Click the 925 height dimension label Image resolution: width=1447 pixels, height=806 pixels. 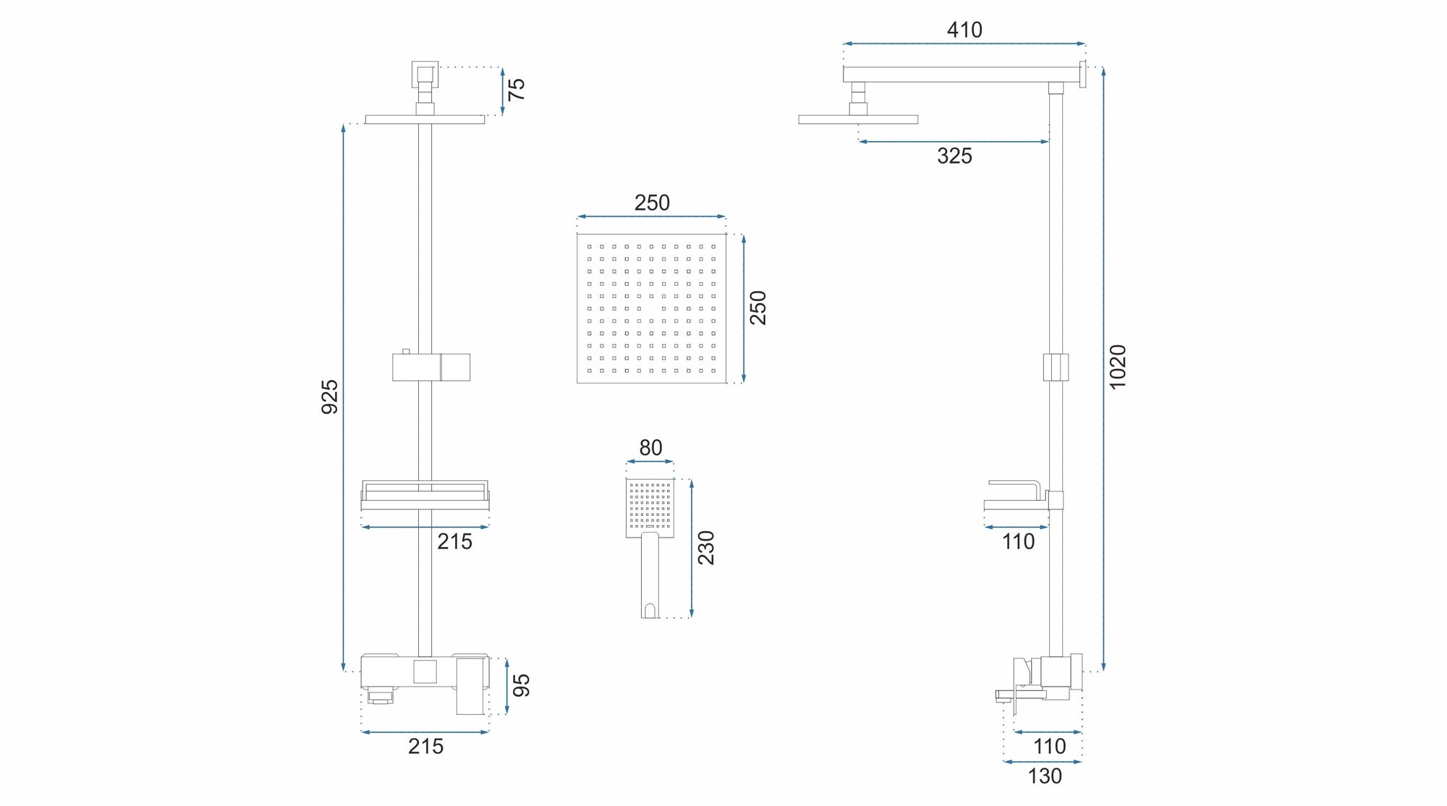click(x=329, y=396)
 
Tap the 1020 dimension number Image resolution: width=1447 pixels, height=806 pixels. click(x=1118, y=367)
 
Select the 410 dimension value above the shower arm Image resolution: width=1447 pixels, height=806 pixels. click(x=964, y=30)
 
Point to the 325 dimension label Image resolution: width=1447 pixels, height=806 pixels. click(x=954, y=156)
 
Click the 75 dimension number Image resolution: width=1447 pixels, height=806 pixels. click(x=516, y=89)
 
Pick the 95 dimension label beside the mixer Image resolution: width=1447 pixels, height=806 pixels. click(x=520, y=685)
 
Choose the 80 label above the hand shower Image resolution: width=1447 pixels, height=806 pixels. click(x=650, y=448)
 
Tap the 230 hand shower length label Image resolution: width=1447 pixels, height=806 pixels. click(x=705, y=548)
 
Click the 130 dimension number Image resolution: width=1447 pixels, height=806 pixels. click(x=1045, y=776)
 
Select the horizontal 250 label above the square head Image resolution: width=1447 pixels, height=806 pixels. click(x=652, y=203)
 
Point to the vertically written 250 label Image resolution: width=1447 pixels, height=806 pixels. click(x=758, y=307)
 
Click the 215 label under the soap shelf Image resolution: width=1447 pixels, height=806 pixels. click(x=454, y=541)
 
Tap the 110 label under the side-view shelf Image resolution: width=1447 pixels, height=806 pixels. click(x=1018, y=541)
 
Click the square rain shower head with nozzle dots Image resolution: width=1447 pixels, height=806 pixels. click(x=651, y=308)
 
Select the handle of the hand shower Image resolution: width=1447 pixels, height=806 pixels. click(x=650, y=575)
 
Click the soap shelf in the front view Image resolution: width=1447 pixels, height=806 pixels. click(x=425, y=496)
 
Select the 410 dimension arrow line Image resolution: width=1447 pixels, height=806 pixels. click(x=964, y=44)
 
